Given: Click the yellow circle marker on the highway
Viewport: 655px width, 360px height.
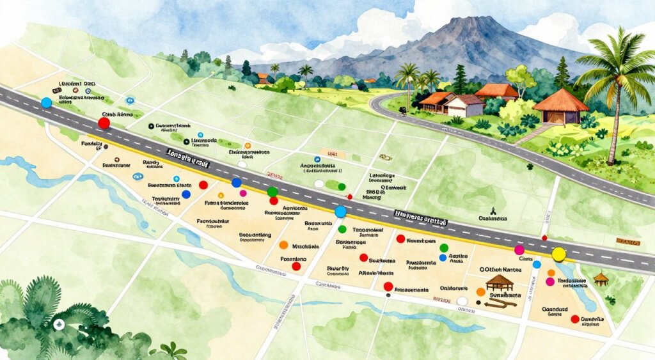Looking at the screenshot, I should click(559, 254).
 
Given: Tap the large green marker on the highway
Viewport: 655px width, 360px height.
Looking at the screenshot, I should click(272, 191).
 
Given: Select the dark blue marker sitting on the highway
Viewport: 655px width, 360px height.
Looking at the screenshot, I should click(236, 183).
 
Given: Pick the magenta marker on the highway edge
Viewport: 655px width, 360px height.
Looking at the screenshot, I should click(519, 249).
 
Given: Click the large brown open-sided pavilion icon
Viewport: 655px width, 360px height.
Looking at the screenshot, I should click(499, 281).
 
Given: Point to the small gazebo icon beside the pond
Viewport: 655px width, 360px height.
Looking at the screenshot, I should click(600, 278).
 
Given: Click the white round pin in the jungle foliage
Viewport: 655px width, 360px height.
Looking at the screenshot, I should click(59, 324).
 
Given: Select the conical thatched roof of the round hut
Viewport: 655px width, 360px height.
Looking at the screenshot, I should click(560, 100).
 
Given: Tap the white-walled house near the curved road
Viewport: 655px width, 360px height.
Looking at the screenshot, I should click(465, 106).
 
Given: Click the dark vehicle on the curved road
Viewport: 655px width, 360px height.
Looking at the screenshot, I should click(404, 110).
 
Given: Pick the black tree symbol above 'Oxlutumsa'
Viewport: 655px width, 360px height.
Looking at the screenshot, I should click(493, 210).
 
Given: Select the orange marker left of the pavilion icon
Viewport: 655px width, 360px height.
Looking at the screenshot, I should click(480, 292).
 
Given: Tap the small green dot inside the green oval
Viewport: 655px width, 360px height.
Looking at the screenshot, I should click(333, 185).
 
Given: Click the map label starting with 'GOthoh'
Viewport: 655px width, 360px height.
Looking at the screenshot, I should click(500, 270).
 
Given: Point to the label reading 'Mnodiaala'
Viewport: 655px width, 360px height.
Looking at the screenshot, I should click(305, 246).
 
